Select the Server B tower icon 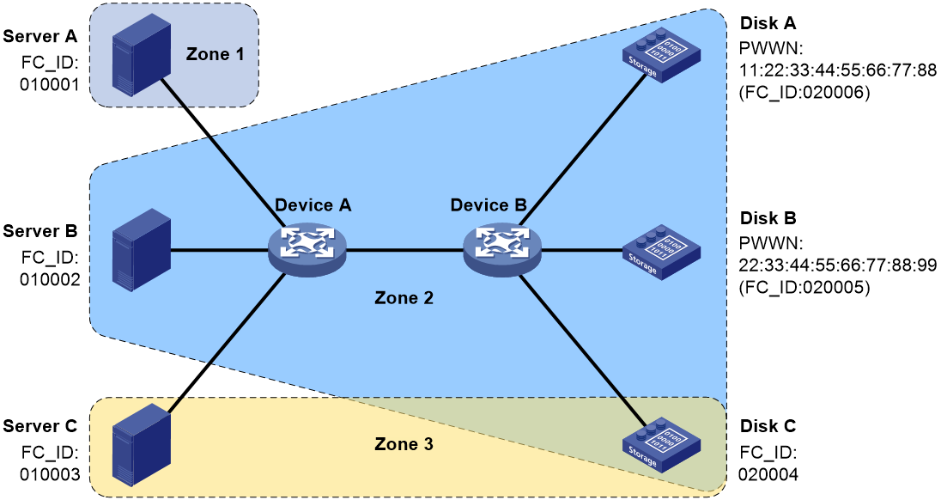(141, 250)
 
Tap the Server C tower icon (141, 445)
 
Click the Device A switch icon (307, 250)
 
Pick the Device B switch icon (501, 250)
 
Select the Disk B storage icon (661, 252)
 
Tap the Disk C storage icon (661, 445)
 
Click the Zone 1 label (215, 54)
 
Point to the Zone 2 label (404, 298)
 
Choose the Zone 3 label (404, 444)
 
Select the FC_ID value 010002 (50, 280)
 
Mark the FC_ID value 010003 (50, 475)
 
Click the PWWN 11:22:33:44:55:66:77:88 (837, 70)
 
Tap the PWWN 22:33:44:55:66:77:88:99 (837, 265)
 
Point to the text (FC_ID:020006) (804, 94)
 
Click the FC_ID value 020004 (768, 475)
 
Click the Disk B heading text (768, 218)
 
